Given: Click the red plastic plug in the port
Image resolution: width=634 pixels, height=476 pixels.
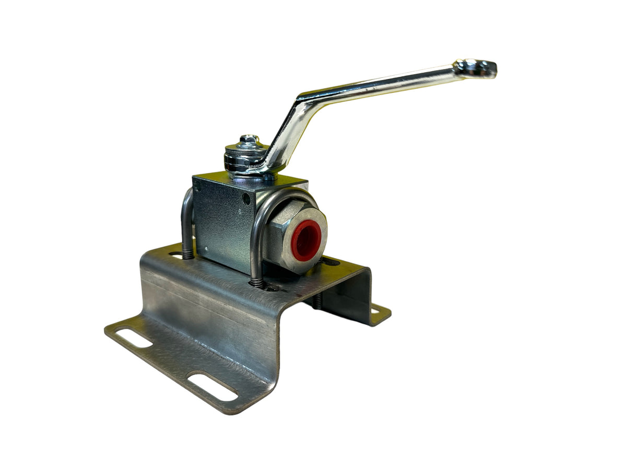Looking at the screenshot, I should pyautogui.click(x=306, y=240).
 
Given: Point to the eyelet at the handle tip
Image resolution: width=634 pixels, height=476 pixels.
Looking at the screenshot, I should pyautogui.click(x=476, y=68).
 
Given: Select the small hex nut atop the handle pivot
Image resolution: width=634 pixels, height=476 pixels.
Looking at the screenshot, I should pyautogui.click(x=249, y=140).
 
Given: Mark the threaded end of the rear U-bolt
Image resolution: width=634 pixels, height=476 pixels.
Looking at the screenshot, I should pyautogui.click(x=188, y=254).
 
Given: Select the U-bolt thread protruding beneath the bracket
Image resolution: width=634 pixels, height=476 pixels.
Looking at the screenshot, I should pyautogui.click(x=317, y=300).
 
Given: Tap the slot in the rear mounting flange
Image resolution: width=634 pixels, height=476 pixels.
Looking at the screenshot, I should pyautogui.click(x=375, y=311).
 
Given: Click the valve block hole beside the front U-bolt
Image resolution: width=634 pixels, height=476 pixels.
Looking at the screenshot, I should pyautogui.click(x=246, y=199).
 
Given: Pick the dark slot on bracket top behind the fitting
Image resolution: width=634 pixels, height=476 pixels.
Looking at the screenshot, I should pyautogui.click(x=330, y=261).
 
